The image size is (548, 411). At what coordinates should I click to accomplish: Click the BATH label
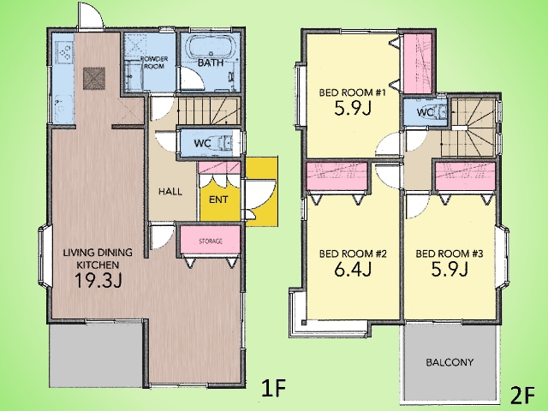[x=211, y=63]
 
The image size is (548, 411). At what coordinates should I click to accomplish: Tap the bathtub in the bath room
[x=211, y=48]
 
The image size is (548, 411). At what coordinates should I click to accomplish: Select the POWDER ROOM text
[x=154, y=63]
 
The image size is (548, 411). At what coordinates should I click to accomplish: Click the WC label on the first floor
[x=202, y=143]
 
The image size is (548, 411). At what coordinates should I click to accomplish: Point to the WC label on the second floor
[x=426, y=112]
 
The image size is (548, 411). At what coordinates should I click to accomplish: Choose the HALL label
[x=170, y=192]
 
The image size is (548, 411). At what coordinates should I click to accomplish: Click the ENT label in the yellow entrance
[x=218, y=200]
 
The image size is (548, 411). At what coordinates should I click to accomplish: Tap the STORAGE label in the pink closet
[x=211, y=241]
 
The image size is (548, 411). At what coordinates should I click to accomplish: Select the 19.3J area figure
[x=98, y=280]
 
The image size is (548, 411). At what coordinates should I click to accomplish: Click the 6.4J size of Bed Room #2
[x=353, y=269]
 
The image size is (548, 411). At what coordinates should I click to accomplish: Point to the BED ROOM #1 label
[x=352, y=93]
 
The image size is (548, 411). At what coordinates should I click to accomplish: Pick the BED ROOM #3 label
[x=450, y=253]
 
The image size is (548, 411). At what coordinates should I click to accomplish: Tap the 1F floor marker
[x=274, y=388]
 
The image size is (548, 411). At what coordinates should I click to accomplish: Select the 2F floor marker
[x=523, y=395]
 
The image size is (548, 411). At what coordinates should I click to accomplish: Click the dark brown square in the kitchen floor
[x=94, y=78]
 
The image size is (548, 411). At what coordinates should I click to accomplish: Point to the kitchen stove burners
[x=65, y=52]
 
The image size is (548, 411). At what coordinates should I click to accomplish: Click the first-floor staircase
[x=209, y=111]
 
